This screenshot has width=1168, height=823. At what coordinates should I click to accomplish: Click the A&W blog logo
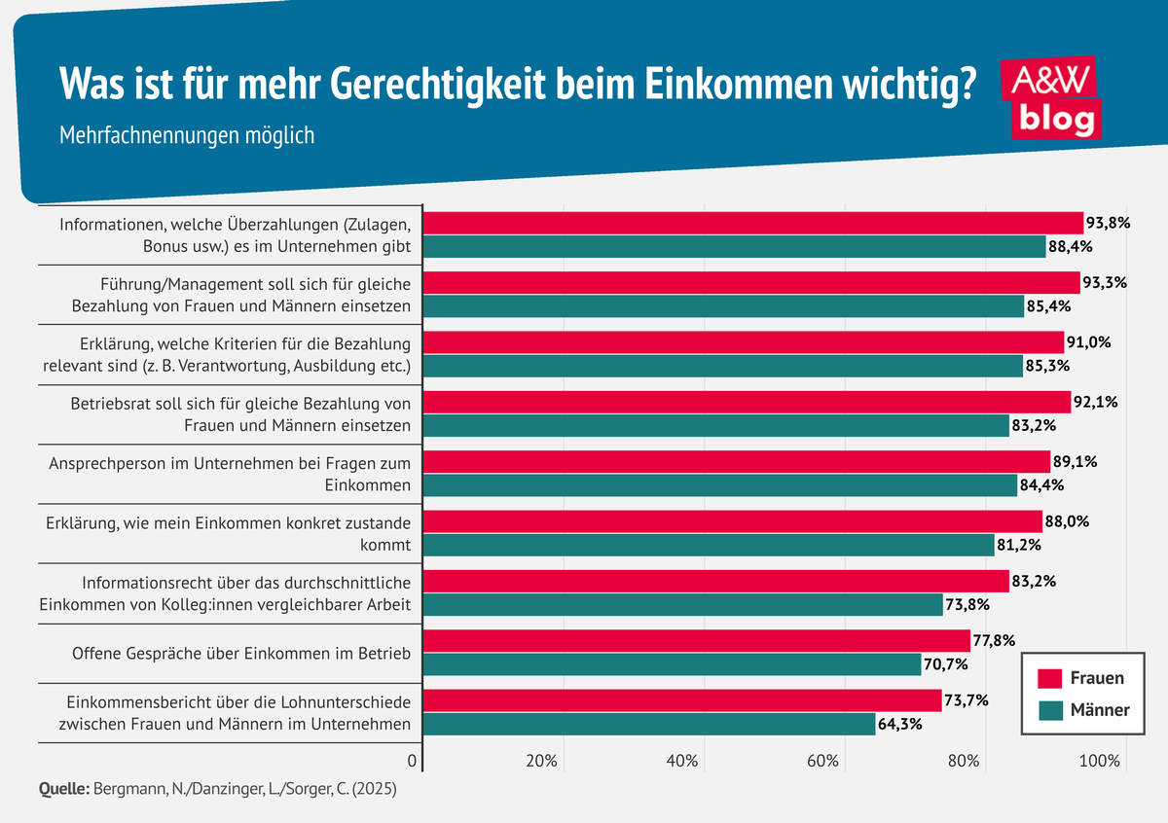1051,97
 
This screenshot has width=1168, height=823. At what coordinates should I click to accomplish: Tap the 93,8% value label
1109,222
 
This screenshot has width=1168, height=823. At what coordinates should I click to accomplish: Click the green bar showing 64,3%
650,725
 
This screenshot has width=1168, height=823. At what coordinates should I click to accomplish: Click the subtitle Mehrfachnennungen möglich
187,135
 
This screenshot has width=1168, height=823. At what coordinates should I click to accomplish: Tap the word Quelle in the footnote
63,789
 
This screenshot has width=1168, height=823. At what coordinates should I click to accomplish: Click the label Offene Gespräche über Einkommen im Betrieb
241,653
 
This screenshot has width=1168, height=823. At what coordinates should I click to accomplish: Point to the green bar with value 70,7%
673,664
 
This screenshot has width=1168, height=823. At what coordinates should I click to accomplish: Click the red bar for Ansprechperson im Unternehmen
738,461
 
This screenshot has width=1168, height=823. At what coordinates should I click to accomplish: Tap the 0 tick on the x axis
413,761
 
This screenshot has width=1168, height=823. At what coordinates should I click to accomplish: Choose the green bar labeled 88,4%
735,246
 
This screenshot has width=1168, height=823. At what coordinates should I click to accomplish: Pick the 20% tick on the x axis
540,761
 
